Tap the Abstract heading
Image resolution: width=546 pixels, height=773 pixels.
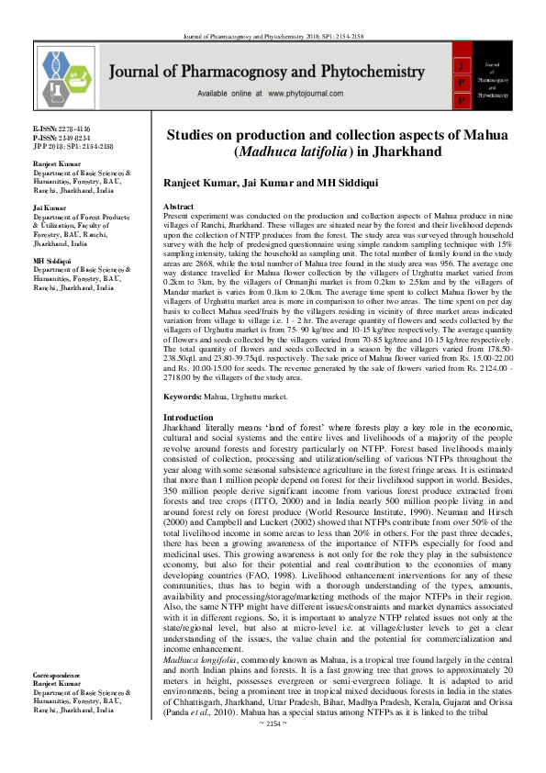coord(178,208)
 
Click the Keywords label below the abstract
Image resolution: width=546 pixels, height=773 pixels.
coord(184,397)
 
